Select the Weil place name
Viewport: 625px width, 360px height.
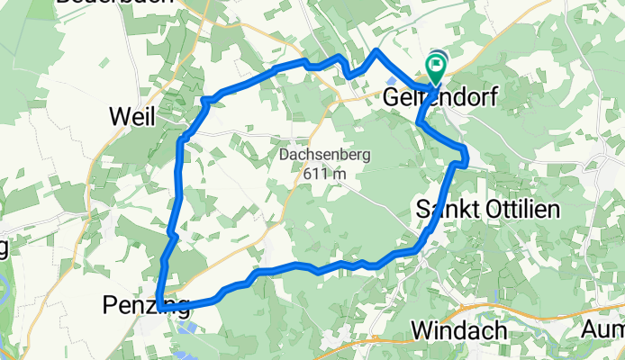(x=131, y=117)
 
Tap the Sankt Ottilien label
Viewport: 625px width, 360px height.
(x=489, y=210)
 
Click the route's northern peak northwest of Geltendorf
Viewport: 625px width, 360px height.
(x=376, y=51)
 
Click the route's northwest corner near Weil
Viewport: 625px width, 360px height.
(x=206, y=99)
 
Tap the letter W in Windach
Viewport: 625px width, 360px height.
(x=421, y=330)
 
